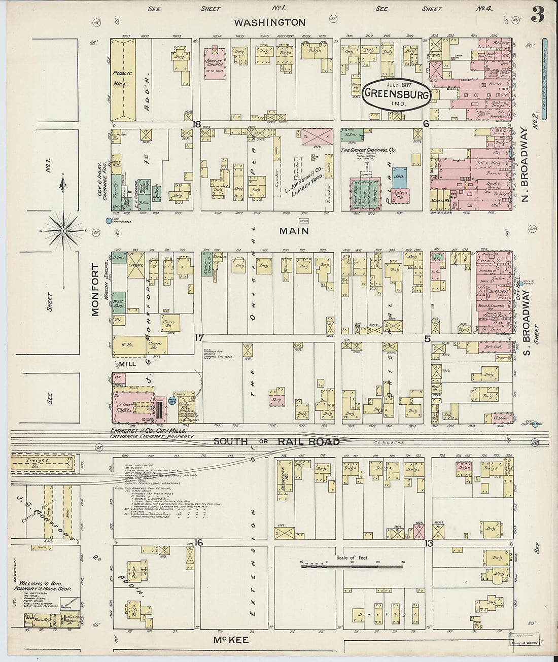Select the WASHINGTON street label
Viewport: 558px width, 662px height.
pyautogui.click(x=269, y=22)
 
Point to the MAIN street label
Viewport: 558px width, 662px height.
pyautogui.click(x=294, y=231)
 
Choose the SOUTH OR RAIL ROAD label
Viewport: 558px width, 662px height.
pyautogui.click(x=276, y=441)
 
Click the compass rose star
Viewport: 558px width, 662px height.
pyautogui.click(x=63, y=231)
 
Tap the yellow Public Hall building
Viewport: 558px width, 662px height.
pyautogui.click(x=123, y=79)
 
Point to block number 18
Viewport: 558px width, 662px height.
pyautogui.click(x=196, y=124)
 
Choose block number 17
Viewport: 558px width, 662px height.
pyautogui.click(x=199, y=337)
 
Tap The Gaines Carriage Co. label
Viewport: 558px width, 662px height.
pyautogui.click(x=369, y=150)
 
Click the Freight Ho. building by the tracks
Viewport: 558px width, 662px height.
pyautogui.click(x=41, y=463)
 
